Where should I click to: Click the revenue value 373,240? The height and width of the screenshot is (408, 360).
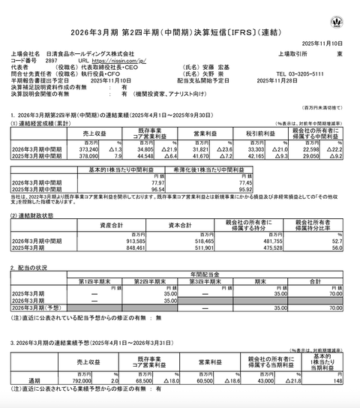pos(95,150)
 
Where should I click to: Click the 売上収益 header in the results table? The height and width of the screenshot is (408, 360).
pos(100,133)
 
